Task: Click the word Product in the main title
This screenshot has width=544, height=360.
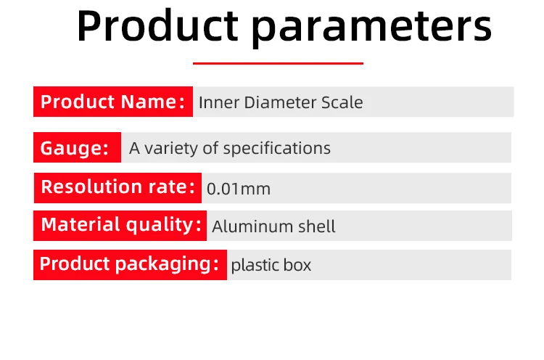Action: [158, 25]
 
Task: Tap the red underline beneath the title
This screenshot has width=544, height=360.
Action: [278, 63]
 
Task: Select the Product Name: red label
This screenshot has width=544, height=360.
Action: [113, 102]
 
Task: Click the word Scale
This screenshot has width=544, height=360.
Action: [342, 102]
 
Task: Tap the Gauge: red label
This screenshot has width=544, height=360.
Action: [77, 147]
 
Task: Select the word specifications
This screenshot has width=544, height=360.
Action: [277, 149]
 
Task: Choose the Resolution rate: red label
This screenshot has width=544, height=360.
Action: [118, 188]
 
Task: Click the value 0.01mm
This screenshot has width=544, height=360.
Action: [239, 189]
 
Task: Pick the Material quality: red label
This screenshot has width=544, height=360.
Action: [120, 225]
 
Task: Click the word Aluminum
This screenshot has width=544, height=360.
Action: [252, 226]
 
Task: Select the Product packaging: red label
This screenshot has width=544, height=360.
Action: [130, 264]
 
